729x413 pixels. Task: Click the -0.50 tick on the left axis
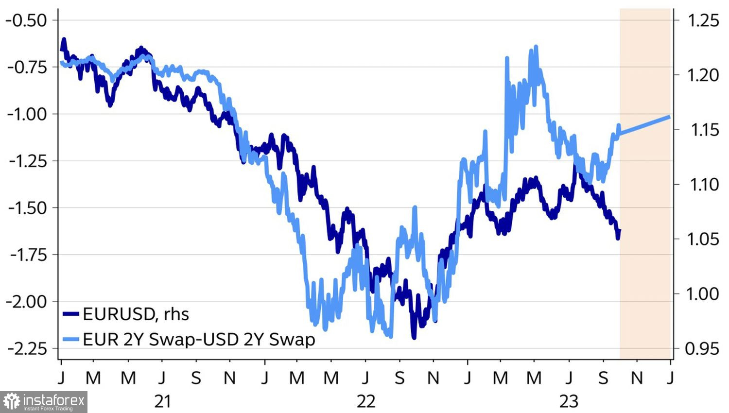pyautogui.click(x=27, y=20)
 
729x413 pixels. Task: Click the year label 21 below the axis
pyautogui.click(x=163, y=401)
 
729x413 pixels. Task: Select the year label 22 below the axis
pyautogui.click(x=366, y=401)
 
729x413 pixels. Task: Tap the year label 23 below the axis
pyautogui.click(x=569, y=401)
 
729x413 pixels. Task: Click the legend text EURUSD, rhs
pyautogui.click(x=136, y=314)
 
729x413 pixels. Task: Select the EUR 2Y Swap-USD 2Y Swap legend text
pyautogui.click(x=199, y=339)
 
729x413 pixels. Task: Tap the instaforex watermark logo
pyautogui.click(x=44, y=402)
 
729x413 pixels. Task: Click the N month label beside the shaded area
pyautogui.click(x=637, y=378)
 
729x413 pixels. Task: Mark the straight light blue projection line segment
pyautogui.click(x=645, y=124)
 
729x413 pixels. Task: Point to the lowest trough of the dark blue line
pyautogui.click(x=414, y=337)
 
